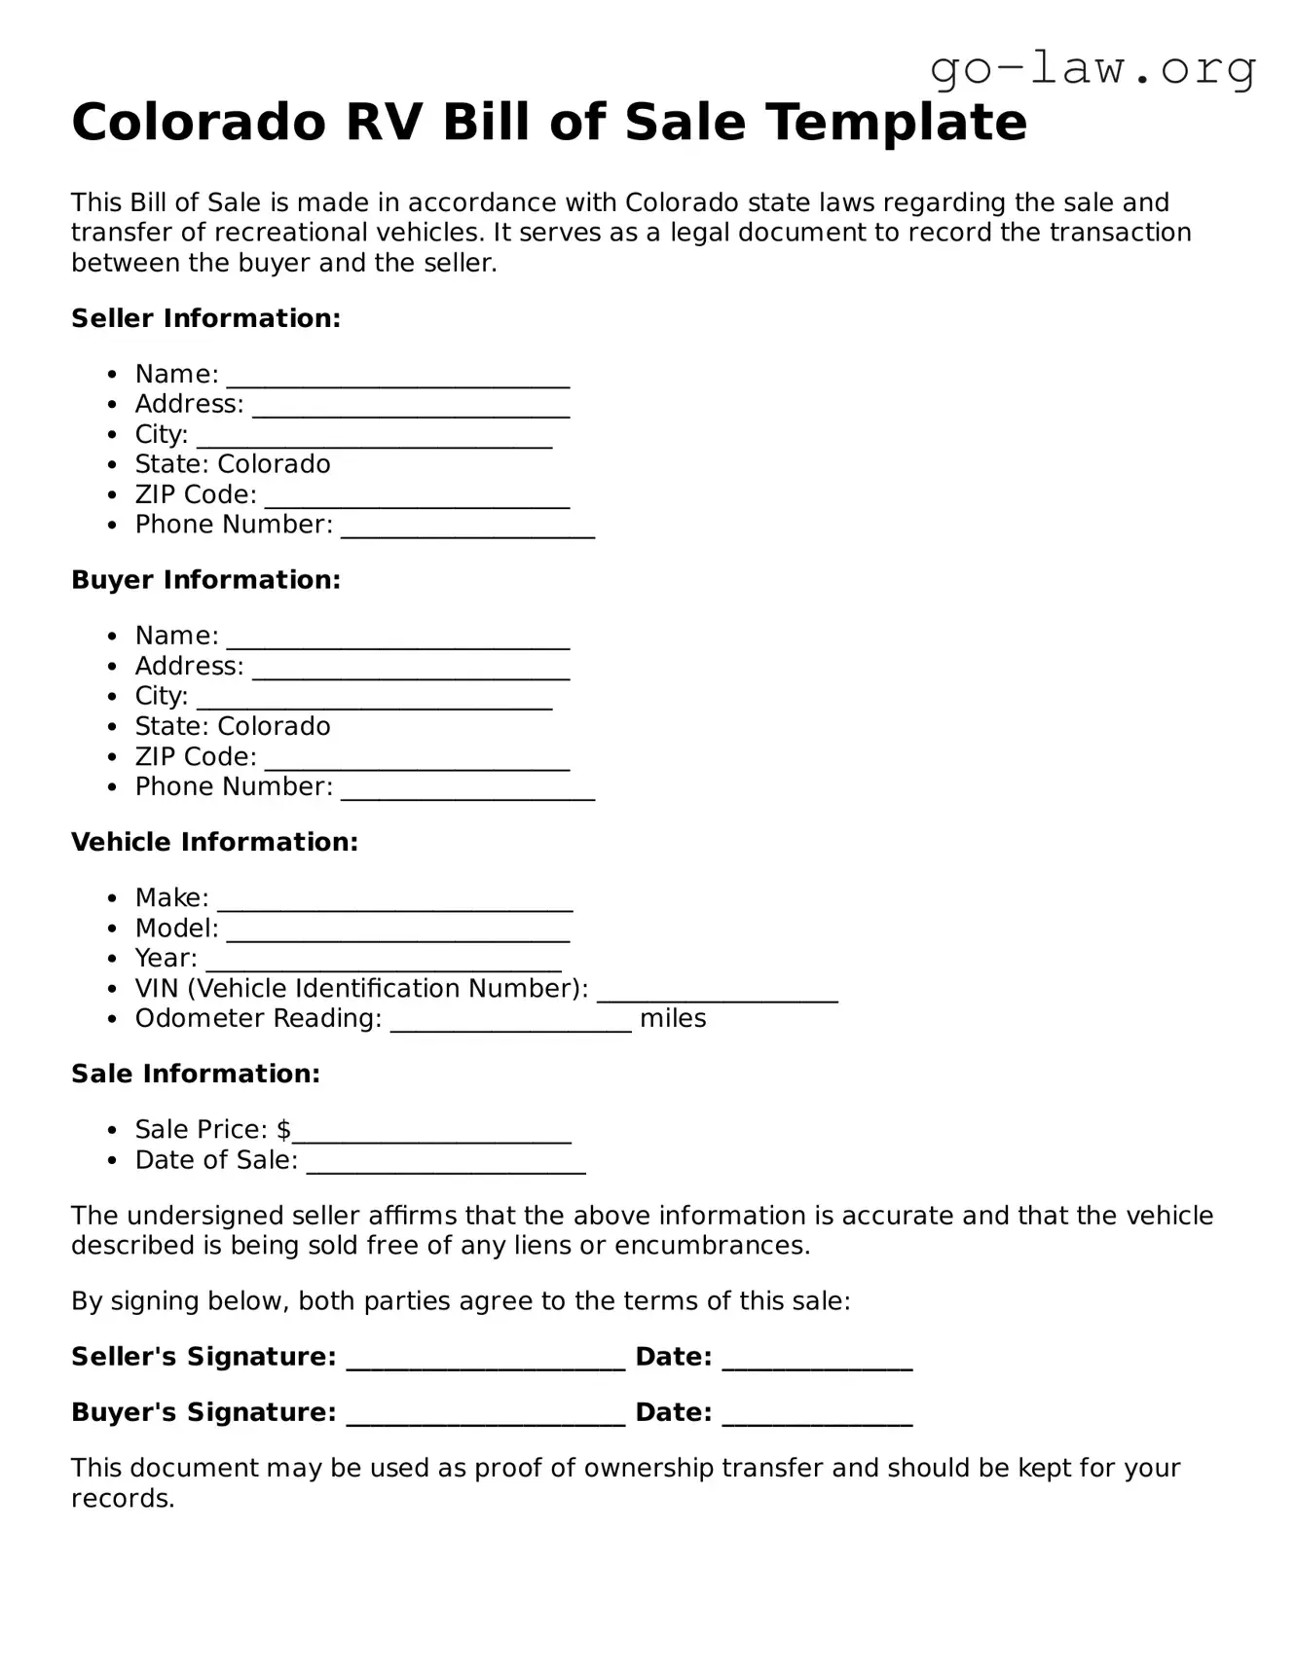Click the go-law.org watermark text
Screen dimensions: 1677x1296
click(1092, 68)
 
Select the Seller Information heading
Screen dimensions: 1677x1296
click(205, 318)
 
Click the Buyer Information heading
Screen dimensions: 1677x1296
click(205, 580)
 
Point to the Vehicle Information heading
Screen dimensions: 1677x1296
click(214, 842)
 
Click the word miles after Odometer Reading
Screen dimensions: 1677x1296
click(673, 1019)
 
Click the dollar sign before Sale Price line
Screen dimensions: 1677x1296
click(283, 1130)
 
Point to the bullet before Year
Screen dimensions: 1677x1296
click(114, 959)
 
